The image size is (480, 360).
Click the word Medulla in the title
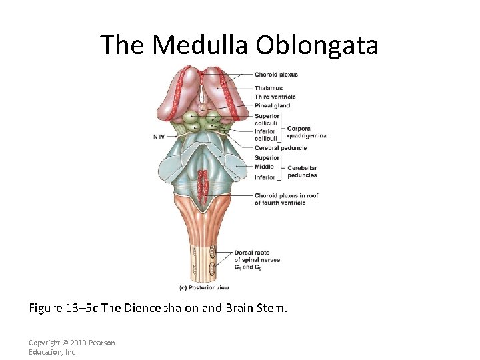200,45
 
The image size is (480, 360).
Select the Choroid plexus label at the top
276,75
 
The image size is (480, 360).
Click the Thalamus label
268,88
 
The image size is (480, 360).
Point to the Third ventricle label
274,97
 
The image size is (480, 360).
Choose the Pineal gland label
272,106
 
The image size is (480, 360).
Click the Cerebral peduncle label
280,148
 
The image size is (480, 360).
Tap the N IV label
158,136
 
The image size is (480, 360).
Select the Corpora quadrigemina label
306,132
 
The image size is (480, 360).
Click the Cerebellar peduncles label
302,171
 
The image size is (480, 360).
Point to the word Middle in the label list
263,167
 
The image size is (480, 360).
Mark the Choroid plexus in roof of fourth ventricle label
286,199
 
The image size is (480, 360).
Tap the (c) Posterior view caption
204,288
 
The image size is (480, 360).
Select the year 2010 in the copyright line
79,343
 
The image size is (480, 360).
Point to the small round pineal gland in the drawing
202,106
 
